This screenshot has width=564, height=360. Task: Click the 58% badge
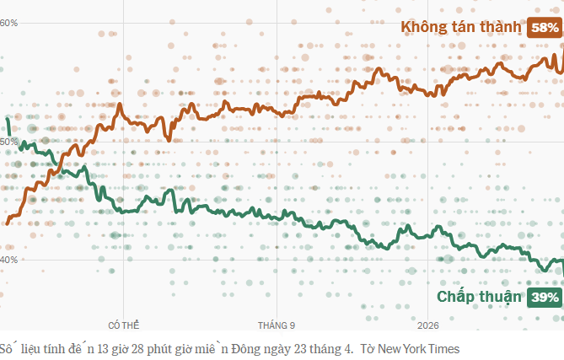(x=544, y=28)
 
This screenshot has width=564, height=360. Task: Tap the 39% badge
(x=544, y=297)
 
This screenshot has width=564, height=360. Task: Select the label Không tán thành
(x=461, y=28)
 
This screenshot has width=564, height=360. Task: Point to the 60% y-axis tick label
(x=9, y=23)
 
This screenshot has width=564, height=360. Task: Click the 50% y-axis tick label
(x=9, y=142)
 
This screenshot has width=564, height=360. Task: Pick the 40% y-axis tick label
(x=9, y=260)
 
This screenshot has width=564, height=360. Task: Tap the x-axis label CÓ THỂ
(x=124, y=325)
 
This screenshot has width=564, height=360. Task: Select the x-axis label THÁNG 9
(x=277, y=325)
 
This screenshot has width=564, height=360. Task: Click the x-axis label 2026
(x=428, y=325)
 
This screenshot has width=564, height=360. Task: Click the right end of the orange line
(x=562, y=51)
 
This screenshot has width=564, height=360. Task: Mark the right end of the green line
(x=562, y=271)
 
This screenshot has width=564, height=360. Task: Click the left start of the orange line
(x=8, y=223)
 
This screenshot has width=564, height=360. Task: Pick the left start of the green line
(x=8, y=119)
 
